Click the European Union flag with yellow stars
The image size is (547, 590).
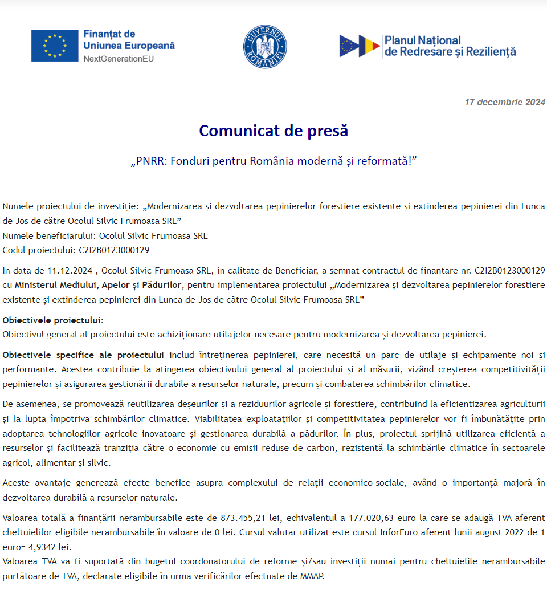(x=55, y=46)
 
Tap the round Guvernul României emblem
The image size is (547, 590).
(x=265, y=47)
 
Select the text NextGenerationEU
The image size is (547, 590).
(x=119, y=58)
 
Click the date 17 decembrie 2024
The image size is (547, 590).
(x=505, y=103)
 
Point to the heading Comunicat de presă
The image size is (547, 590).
(x=273, y=131)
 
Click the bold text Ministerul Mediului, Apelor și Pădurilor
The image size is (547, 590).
(x=99, y=284)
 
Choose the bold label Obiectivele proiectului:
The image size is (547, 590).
(x=53, y=320)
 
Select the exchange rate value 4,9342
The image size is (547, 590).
(x=41, y=547)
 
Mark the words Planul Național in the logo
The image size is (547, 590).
(x=423, y=40)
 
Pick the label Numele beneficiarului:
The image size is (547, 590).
(x=50, y=235)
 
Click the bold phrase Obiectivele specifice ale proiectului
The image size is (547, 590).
(x=83, y=355)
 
